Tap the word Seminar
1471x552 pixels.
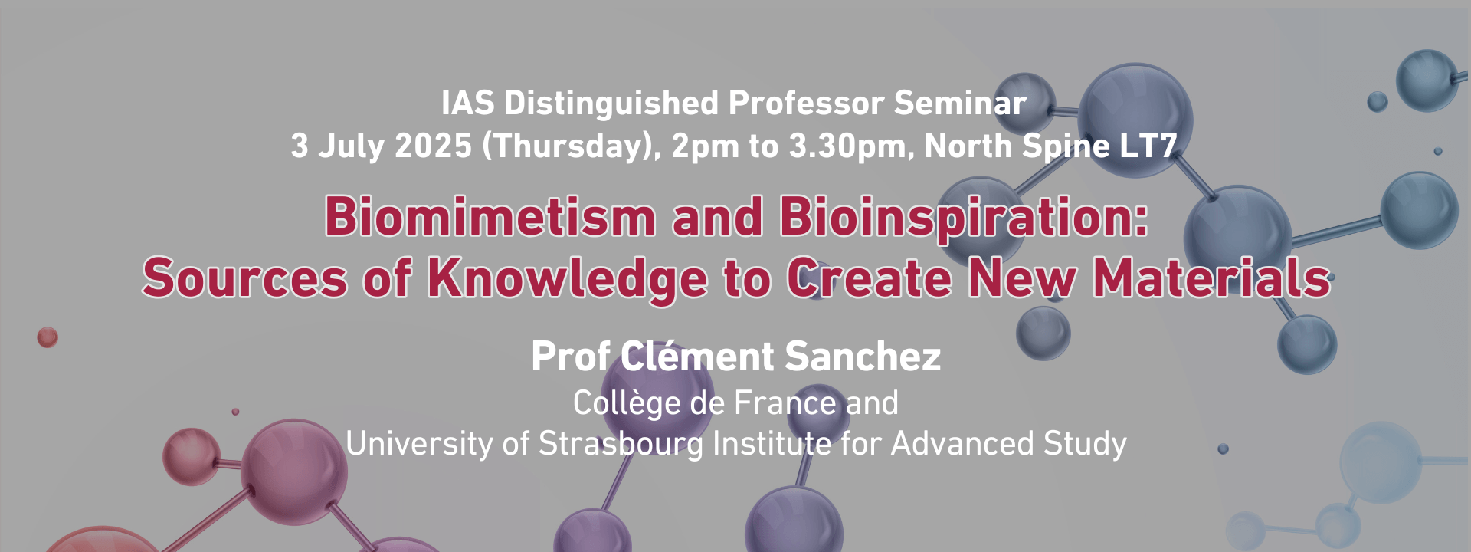(960, 103)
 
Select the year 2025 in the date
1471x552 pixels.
(433, 146)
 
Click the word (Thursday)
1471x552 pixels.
(572, 146)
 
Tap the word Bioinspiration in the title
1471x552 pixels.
(965, 217)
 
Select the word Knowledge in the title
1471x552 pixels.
(567, 278)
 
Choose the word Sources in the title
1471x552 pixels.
(245, 278)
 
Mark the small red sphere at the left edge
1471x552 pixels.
(48, 337)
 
